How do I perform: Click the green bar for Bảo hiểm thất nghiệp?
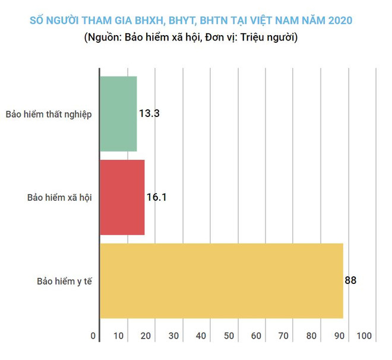pos(118,113)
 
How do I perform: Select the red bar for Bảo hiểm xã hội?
pos(122,197)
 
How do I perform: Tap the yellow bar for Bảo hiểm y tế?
pos(221,280)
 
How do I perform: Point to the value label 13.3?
pos(149,113)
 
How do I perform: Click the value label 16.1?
pos(156,197)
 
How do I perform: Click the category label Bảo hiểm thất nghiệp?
pos(49,114)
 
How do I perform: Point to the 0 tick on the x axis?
pos(93,336)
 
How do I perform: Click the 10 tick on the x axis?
pos(119,336)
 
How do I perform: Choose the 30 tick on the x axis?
pos(174,336)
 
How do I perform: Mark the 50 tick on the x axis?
pos(229,336)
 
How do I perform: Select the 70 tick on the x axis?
pos(284,336)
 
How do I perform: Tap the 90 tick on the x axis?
pos(340,336)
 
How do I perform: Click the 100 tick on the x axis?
pos(364,336)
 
